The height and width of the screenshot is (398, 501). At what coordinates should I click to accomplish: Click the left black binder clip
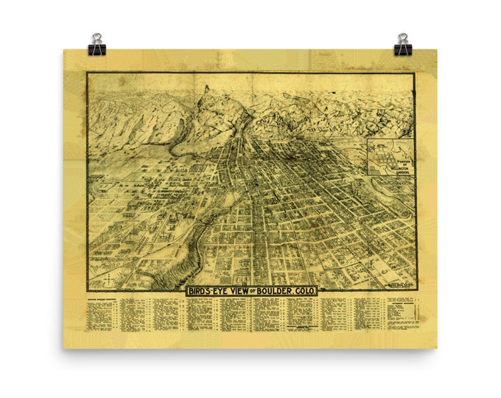(97, 45)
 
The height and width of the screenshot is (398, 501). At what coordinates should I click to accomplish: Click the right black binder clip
(402, 45)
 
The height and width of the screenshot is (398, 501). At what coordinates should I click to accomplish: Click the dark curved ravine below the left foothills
(179, 140)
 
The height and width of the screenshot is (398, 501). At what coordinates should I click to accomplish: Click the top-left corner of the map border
(87, 73)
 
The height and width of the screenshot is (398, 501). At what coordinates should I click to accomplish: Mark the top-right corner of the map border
(415, 73)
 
